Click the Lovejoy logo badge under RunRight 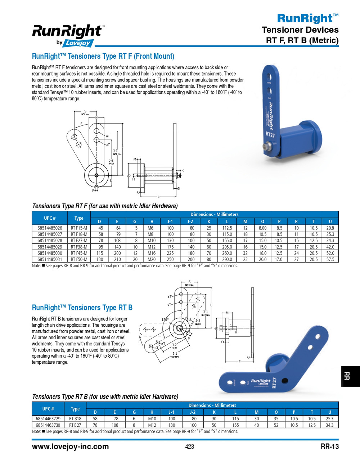78,43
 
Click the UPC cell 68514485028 50,241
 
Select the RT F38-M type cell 79,247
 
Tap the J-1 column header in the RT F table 170,221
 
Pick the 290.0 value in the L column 227,259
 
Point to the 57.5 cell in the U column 330,259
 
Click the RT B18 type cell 75,419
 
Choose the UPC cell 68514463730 48,425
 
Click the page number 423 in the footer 189,447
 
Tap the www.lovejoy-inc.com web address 70,447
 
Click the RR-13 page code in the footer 329,447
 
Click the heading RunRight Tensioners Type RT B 82,308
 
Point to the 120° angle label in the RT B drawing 165,319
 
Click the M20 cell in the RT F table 152,259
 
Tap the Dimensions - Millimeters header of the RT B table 212,405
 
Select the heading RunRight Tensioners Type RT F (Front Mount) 103,56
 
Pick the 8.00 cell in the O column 262,228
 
